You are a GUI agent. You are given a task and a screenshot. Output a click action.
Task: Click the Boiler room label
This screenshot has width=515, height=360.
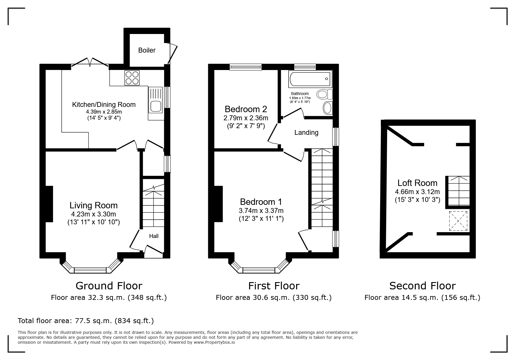tap(147, 50)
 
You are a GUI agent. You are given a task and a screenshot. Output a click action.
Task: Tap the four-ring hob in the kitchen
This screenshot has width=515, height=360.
tap(132, 78)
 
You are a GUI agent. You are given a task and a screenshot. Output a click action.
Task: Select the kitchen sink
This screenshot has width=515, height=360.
tap(156, 106)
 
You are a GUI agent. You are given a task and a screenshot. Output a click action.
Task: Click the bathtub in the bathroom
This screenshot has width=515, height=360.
tap(310, 79)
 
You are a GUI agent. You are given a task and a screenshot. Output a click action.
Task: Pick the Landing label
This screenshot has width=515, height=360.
tap(306, 132)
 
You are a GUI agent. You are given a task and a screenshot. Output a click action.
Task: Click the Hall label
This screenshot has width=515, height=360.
tap(154, 236)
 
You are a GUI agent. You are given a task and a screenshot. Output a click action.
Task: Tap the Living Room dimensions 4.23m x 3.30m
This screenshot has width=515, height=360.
tap(94, 214)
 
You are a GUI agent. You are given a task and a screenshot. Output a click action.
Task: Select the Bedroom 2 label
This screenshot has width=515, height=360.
tap(246, 109)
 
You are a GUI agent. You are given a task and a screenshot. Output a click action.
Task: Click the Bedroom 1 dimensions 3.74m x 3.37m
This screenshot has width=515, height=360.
tap(261, 211)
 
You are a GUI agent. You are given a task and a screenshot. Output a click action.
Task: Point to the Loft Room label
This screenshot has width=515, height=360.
tap(417, 183)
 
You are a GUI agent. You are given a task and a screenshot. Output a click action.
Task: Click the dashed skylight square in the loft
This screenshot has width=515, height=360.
tap(458, 221)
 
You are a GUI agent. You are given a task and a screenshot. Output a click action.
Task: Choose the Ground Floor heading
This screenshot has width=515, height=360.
tap(109, 286)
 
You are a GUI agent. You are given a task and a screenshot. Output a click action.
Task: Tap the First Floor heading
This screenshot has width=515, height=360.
tap(274, 286)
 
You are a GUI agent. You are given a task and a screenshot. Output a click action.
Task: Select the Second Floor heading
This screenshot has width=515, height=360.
tap(422, 286)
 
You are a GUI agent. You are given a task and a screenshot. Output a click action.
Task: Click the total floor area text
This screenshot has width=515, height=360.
tap(86, 321)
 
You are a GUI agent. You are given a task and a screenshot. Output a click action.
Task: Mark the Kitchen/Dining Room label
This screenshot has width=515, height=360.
tap(104, 105)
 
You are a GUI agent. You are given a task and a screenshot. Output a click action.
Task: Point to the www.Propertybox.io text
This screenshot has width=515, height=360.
tap(214, 342)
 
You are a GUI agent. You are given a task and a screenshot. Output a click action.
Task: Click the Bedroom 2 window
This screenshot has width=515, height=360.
tap(245, 67)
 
